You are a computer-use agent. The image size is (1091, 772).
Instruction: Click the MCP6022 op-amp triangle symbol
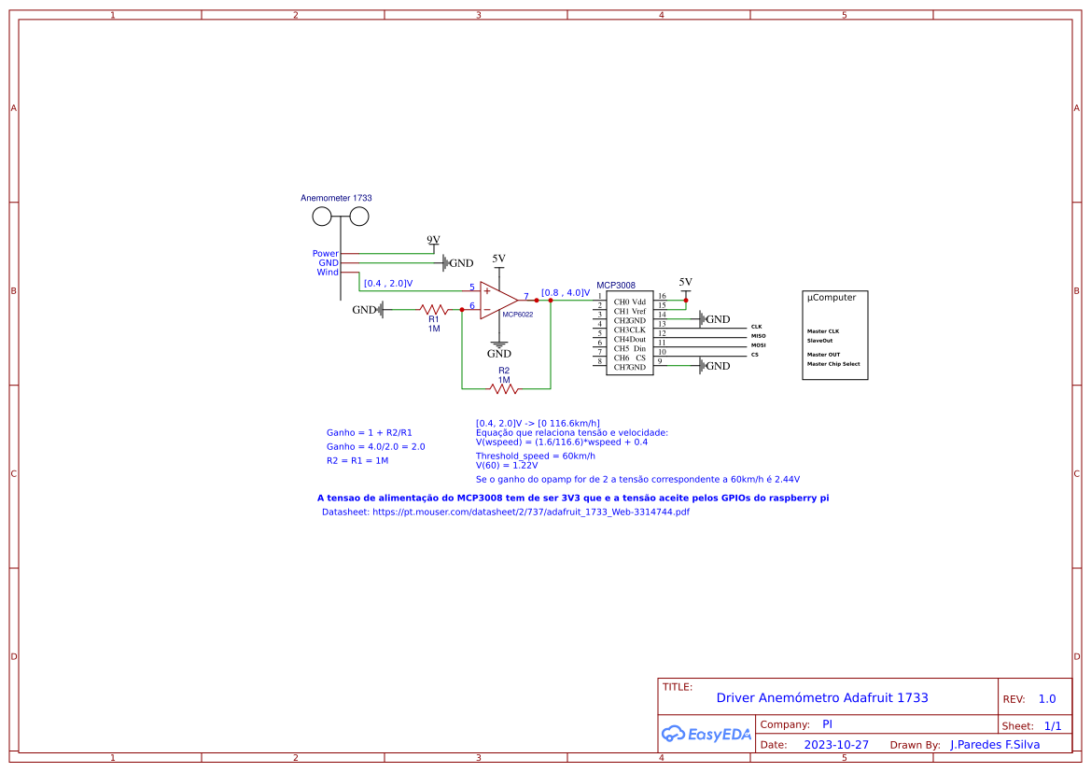[497, 301]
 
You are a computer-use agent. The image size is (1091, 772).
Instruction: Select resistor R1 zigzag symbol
[434, 309]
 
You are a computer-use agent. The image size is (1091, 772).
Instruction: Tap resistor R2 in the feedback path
[504, 388]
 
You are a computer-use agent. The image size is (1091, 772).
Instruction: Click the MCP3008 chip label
[616, 285]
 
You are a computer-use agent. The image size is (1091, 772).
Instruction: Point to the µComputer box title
[831, 298]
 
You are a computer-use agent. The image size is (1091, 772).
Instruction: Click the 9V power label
[433, 240]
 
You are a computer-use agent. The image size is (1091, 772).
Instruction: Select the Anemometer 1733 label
[336, 198]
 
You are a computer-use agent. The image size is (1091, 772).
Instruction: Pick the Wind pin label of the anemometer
[328, 273]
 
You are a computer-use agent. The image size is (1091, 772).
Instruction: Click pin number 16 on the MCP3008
[662, 296]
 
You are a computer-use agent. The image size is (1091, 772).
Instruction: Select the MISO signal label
[758, 336]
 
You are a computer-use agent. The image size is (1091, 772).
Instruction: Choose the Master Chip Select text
[833, 364]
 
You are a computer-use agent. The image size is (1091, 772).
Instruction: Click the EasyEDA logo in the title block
[706, 734]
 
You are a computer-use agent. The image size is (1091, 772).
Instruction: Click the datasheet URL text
[505, 512]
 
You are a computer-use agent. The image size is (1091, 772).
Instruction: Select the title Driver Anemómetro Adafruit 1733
[822, 697]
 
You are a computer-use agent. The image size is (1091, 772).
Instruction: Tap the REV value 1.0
[1047, 699]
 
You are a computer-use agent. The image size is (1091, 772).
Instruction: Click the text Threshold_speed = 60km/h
[535, 456]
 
